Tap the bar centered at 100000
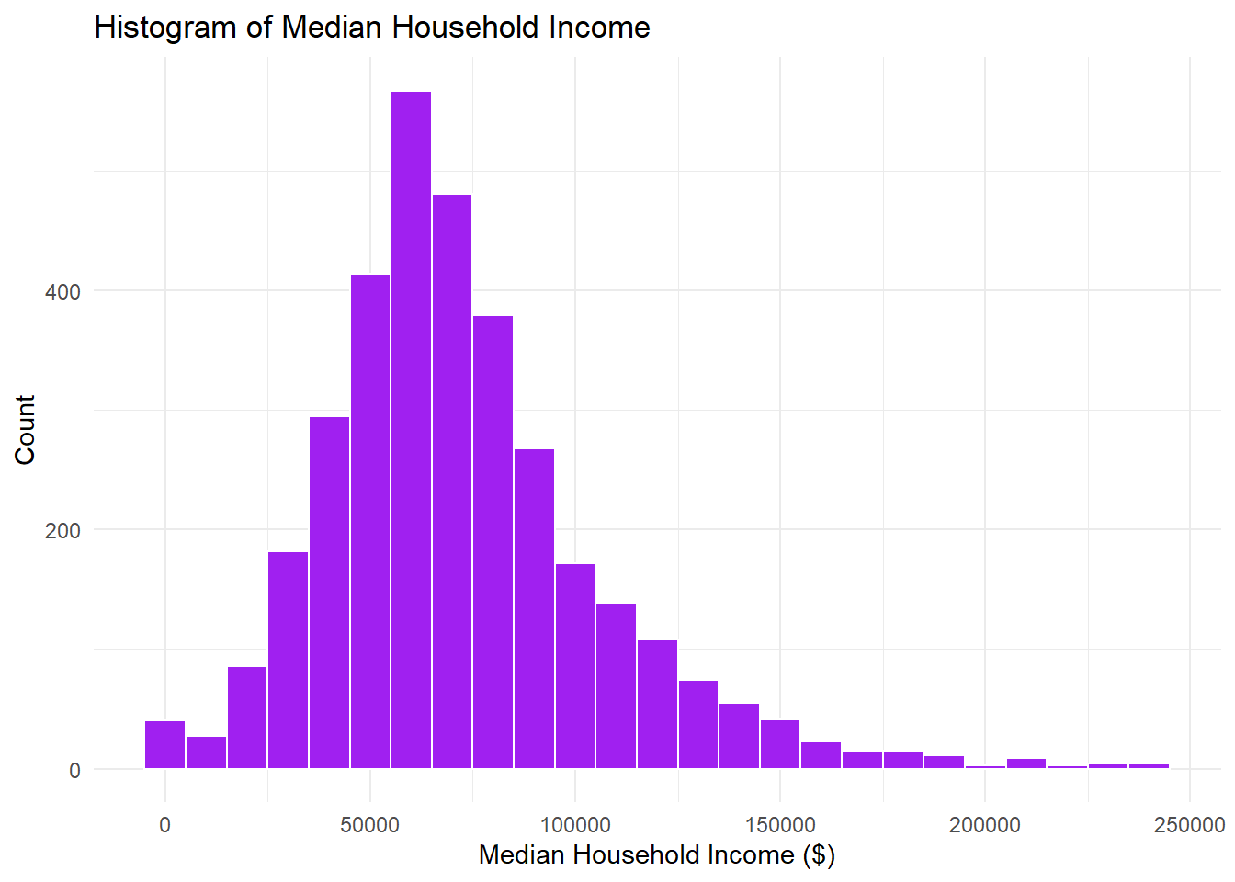coord(575,666)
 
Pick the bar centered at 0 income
coord(165,745)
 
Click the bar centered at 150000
coord(780,745)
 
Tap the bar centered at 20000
coord(247,718)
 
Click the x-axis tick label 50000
coord(370,825)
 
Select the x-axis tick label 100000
coord(575,825)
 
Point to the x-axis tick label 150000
coord(780,825)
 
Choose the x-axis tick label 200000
coord(985,825)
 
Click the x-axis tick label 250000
coord(1189,825)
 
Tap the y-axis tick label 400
coord(62,292)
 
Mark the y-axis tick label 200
coord(62,531)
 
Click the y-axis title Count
coord(25,430)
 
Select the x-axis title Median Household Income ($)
coord(656,855)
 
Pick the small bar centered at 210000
coord(1025,763)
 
